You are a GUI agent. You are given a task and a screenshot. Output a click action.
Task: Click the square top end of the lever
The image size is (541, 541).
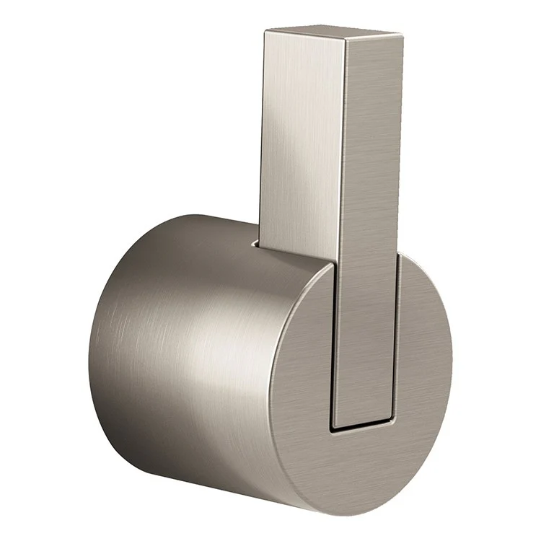(x=332, y=34)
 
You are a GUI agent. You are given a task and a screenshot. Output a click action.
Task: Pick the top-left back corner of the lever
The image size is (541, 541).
(x=265, y=30)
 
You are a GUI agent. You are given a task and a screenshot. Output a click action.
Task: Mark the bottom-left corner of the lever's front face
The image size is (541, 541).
(x=333, y=421)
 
